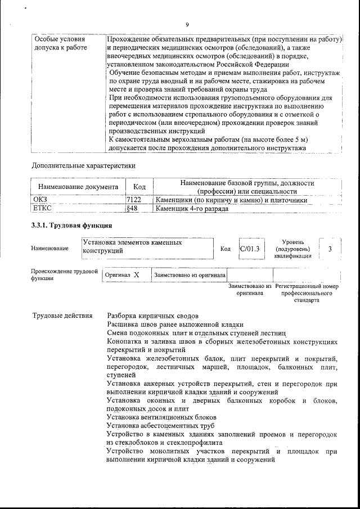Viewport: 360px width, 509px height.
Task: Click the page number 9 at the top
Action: point(187,24)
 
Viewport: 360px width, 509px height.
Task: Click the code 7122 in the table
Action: point(133,200)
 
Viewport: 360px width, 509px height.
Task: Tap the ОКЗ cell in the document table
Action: point(41,200)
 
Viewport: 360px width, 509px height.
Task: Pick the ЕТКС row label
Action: point(43,209)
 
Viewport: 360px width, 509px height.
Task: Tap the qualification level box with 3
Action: point(330,248)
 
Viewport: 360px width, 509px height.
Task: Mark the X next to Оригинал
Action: point(136,275)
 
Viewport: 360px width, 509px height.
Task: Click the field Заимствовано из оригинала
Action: point(190,275)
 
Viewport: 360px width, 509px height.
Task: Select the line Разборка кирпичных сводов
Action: point(152,316)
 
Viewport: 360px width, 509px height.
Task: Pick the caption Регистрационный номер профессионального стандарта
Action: point(307,293)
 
